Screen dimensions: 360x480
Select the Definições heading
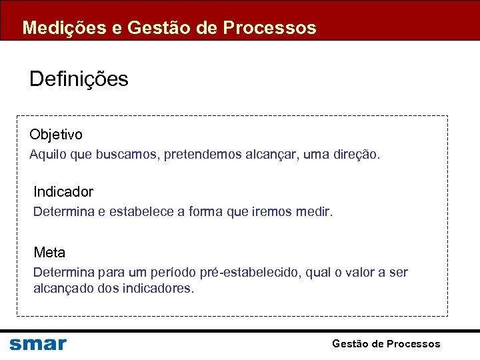click(79, 79)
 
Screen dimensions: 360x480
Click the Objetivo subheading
click(56, 135)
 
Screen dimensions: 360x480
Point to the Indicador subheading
click(63, 192)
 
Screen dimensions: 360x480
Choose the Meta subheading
click(49, 253)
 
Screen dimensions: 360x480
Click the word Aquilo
click(45, 155)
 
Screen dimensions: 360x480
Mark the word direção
click(359, 155)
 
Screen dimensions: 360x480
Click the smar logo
click(38, 344)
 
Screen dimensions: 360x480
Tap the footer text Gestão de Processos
click(386, 344)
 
